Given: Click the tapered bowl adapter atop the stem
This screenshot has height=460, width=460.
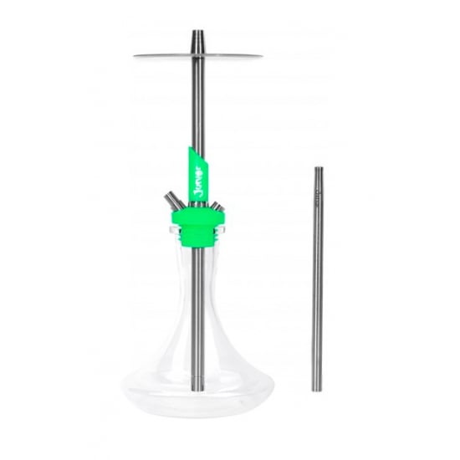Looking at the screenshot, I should tap(195, 39).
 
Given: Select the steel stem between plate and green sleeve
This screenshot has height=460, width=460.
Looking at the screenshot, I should tap(195, 109).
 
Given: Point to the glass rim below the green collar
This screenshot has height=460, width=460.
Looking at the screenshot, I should tap(195, 248).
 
